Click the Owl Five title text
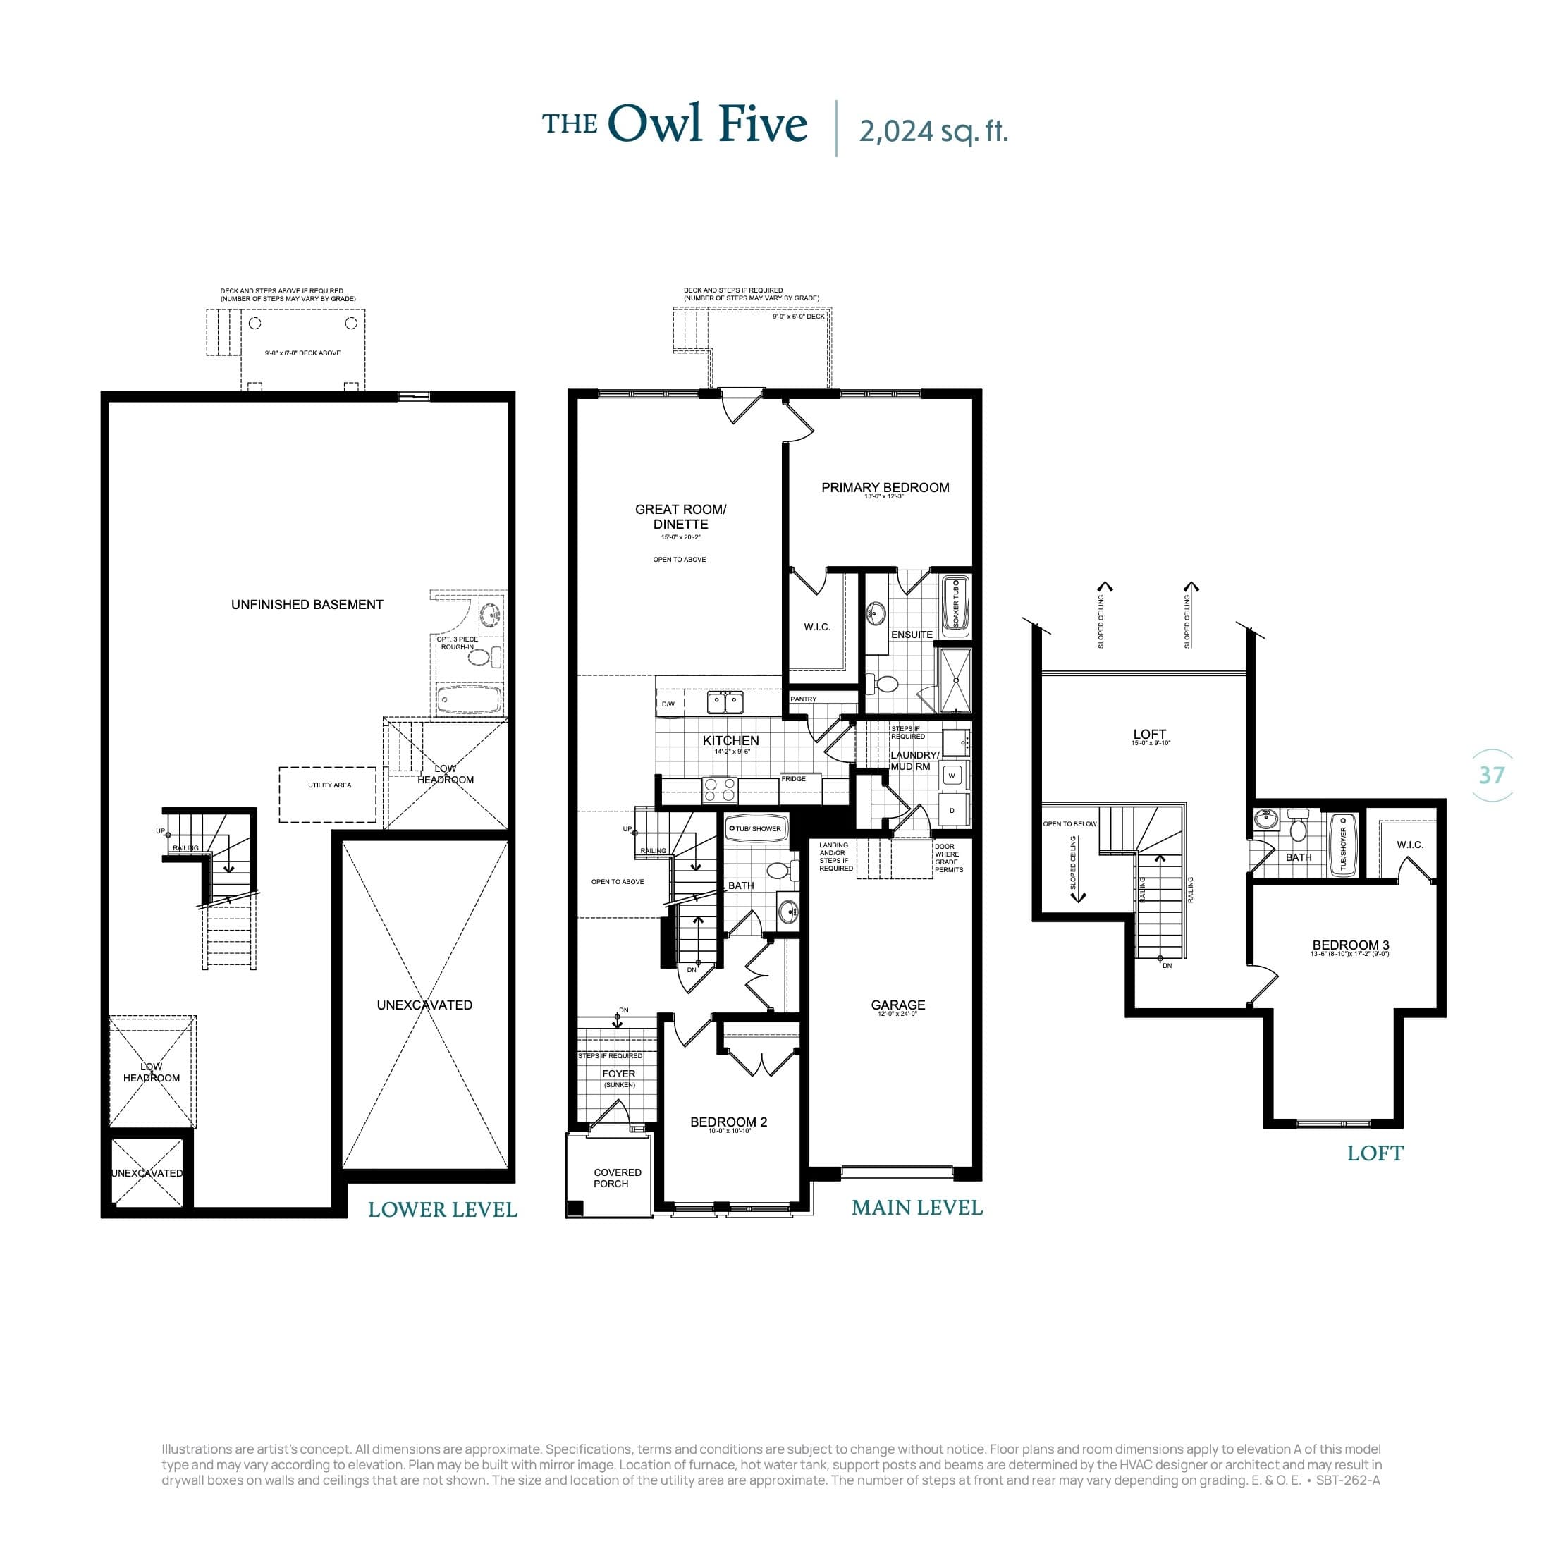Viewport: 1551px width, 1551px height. [x=706, y=125]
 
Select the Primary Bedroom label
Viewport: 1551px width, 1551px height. [x=885, y=487]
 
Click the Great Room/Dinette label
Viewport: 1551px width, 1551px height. [x=680, y=516]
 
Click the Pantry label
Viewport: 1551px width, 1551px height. [x=803, y=699]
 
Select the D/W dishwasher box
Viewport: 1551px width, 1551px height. [x=668, y=704]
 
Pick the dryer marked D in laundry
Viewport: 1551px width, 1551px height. [x=952, y=811]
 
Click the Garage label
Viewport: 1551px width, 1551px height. [x=897, y=1005]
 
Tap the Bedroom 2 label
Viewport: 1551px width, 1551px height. [x=728, y=1122]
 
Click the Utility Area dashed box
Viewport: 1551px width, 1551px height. [x=329, y=785]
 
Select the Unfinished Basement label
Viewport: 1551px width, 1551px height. [x=307, y=604]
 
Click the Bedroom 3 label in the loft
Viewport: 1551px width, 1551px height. [x=1350, y=945]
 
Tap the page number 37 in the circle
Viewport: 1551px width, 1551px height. [x=1491, y=775]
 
